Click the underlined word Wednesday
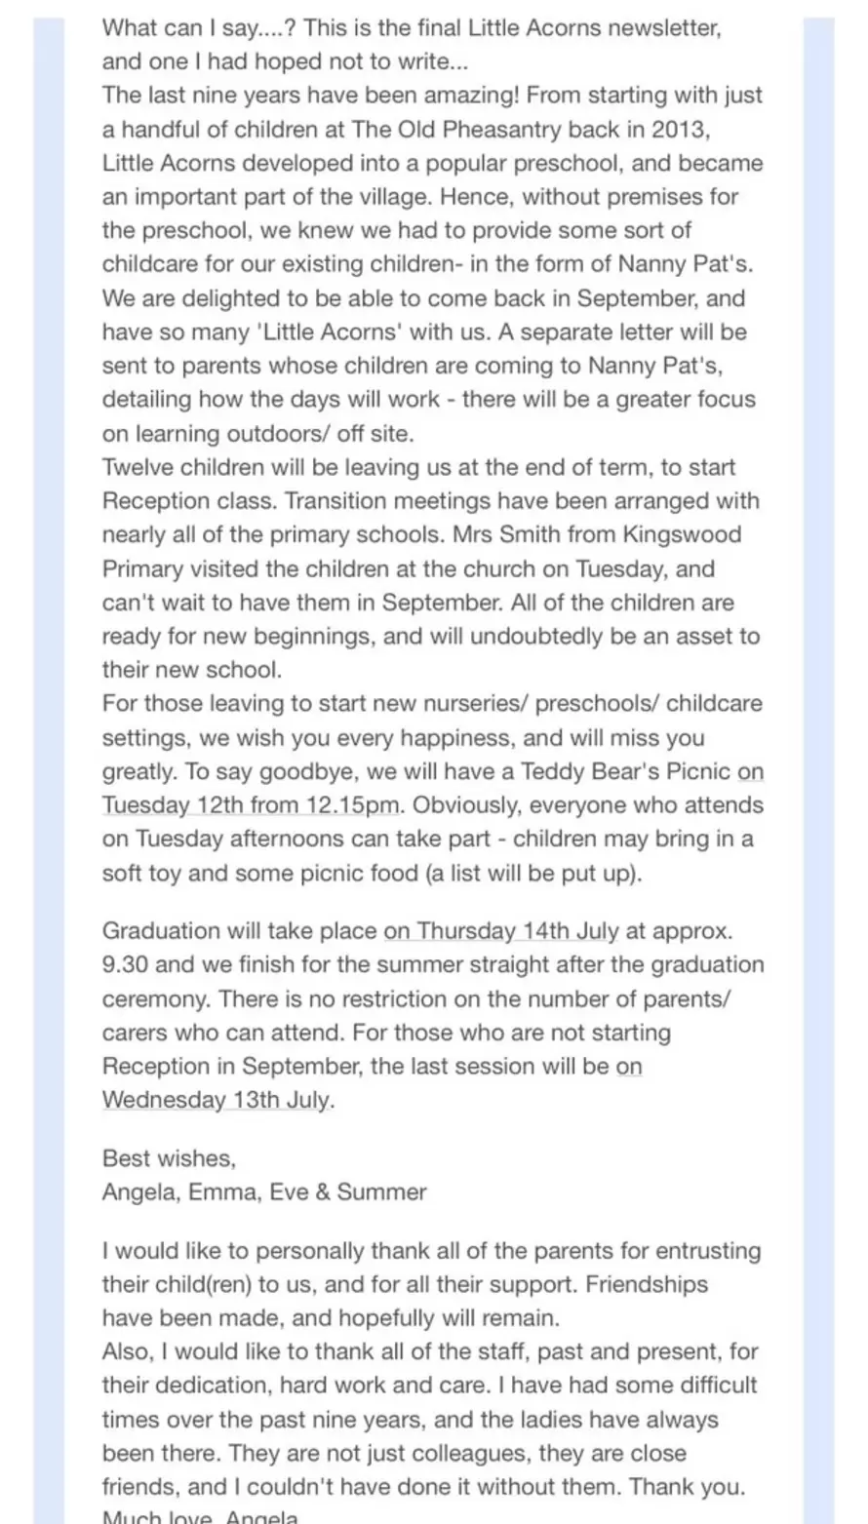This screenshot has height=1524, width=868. pos(164,1100)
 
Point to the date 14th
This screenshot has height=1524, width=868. pos(545,930)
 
